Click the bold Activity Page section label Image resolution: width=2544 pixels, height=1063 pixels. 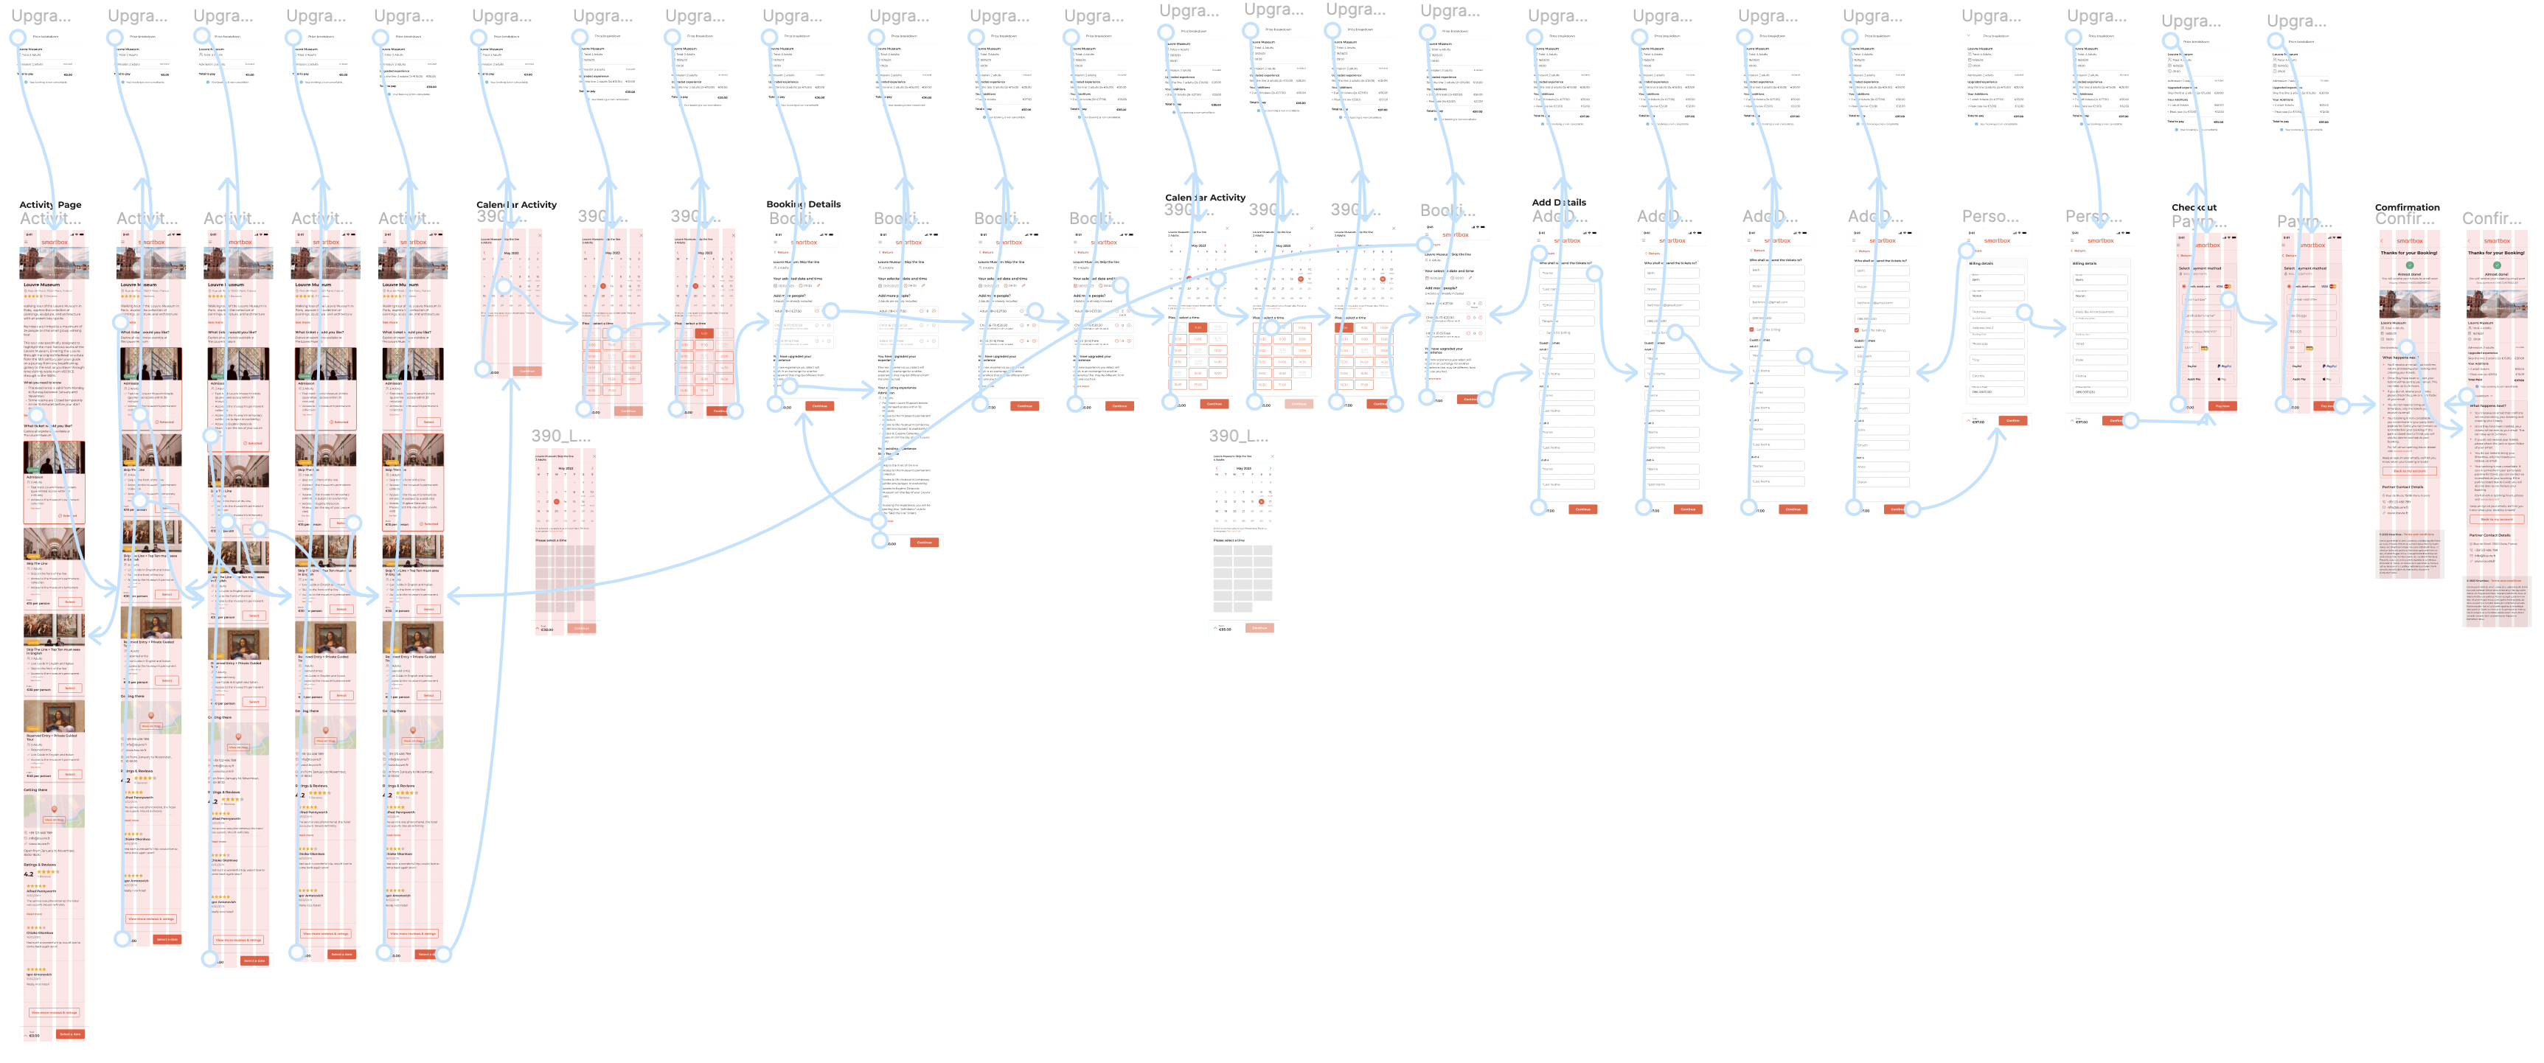(x=50, y=205)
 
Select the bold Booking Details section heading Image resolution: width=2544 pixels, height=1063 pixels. (x=803, y=204)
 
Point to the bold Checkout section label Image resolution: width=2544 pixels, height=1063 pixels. (x=2194, y=207)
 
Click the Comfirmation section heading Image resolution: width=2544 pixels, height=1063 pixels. (x=2407, y=207)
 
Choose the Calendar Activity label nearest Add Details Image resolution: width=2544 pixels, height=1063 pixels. (x=1205, y=198)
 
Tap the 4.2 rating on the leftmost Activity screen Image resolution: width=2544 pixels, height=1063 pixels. (x=29, y=874)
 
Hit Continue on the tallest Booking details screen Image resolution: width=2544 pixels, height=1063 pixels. (x=923, y=542)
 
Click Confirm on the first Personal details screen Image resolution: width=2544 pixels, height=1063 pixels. (x=2012, y=420)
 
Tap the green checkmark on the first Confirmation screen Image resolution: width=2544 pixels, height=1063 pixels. (x=2410, y=265)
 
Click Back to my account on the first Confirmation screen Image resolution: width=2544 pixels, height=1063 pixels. (x=2410, y=471)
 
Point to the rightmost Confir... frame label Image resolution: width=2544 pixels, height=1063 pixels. (x=2491, y=218)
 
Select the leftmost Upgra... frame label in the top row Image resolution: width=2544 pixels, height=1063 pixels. (x=41, y=15)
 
